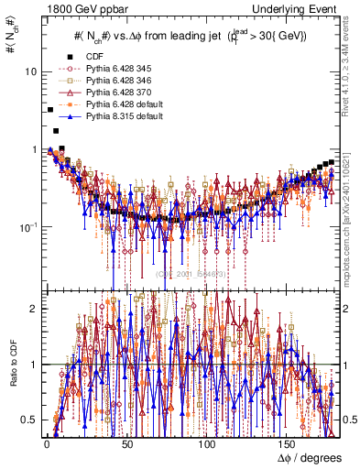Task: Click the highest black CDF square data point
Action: [49, 110]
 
